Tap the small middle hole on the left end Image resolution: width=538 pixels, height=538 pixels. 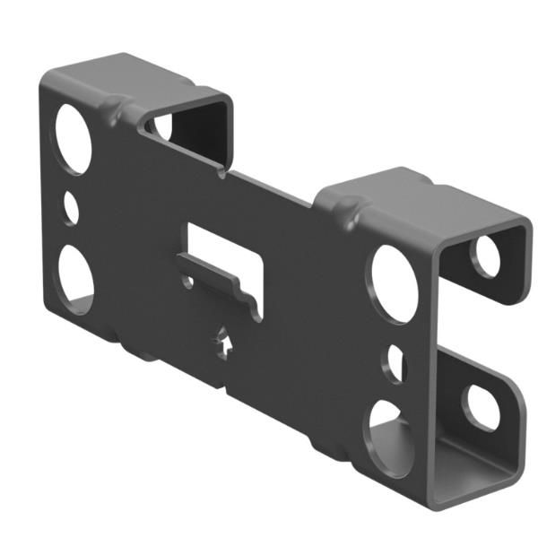tap(71, 206)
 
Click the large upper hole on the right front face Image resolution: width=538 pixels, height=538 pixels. tap(393, 282)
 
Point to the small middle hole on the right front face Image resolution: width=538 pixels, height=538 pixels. tap(395, 363)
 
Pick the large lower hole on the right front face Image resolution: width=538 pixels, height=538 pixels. tap(386, 434)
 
